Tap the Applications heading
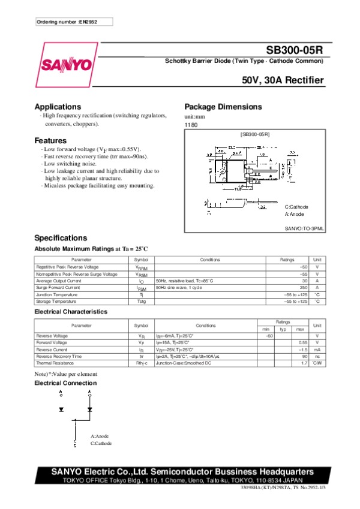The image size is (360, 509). click(x=58, y=107)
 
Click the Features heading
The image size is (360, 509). click(x=50, y=140)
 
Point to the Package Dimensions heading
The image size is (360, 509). click(x=223, y=107)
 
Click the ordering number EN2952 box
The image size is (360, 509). click(x=74, y=22)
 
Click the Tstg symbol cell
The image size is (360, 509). click(x=141, y=301)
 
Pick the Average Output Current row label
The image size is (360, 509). click(x=58, y=281)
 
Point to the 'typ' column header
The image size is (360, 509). click(x=283, y=329)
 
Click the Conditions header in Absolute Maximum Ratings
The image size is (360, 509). click(x=210, y=260)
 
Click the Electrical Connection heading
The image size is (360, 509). click(x=65, y=382)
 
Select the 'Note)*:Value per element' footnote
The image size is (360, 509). click(x=65, y=374)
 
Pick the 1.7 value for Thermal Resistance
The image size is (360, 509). click(x=304, y=363)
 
